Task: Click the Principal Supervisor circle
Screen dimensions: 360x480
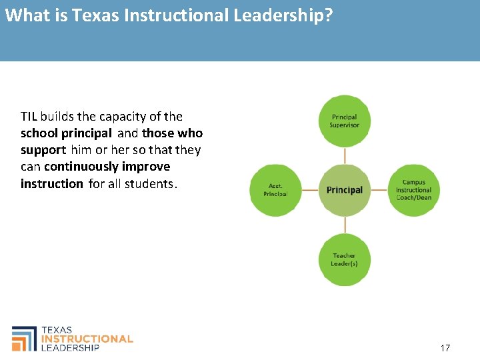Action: pos(345,121)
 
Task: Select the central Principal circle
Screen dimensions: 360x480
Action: pos(345,190)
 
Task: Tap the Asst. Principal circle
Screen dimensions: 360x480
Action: pos(275,190)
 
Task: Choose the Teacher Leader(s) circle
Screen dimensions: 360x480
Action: pos(345,259)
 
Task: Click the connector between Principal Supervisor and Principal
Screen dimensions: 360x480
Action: pos(345,155)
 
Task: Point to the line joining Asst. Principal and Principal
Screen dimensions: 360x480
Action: pos(310,190)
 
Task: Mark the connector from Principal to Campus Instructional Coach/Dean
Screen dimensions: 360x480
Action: pos(379,190)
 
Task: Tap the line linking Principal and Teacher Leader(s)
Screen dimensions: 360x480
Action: pos(345,225)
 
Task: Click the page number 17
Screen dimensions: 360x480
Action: pos(445,348)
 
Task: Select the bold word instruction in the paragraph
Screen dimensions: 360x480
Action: pos(52,183)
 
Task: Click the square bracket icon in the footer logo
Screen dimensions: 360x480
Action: pos(25,338)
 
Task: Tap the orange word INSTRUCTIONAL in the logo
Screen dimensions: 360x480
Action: pos(87,339)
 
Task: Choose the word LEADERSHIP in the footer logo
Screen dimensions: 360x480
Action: pos(71,347)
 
